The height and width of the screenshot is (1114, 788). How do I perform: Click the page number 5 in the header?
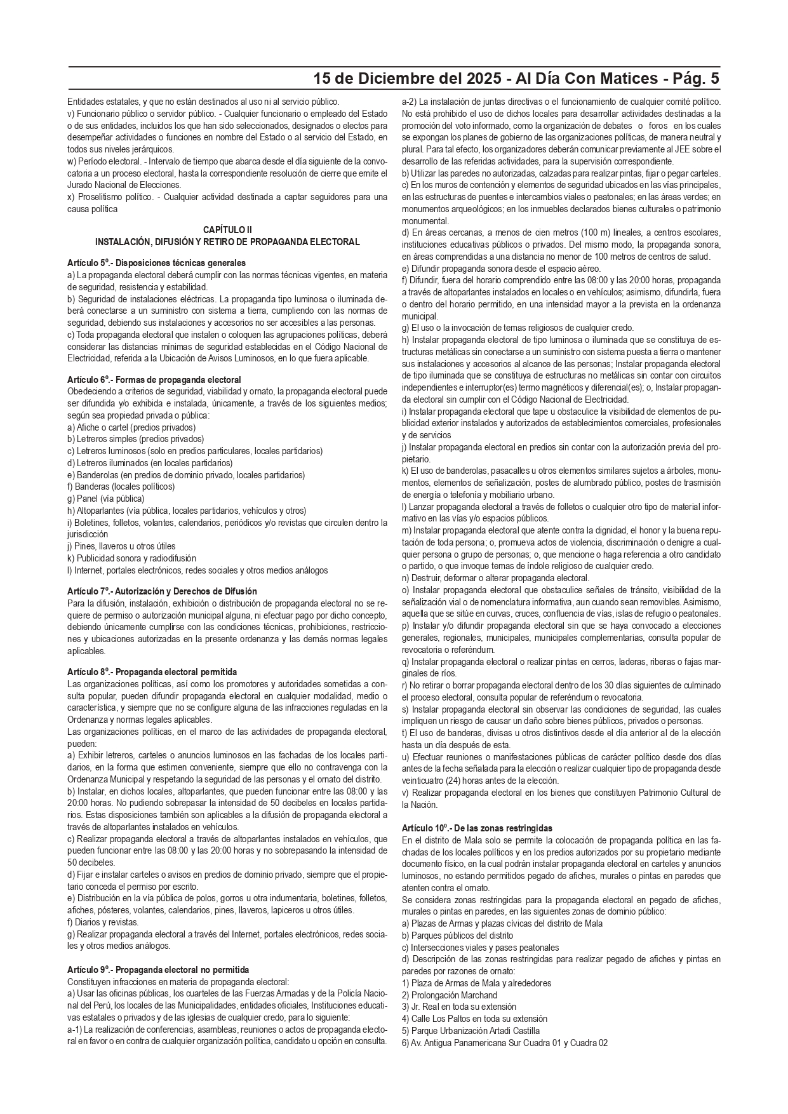[x=714, y=79]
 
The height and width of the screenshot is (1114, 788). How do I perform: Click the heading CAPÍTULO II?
[x=227, y=230]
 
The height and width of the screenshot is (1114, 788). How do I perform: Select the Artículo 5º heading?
[x=156, y=263]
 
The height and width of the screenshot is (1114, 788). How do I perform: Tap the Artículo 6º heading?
[x=154, y=380]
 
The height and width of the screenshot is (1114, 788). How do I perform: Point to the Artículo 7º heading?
[x=162, y=591]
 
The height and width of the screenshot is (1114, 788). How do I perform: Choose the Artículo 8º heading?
[x=152, y=671]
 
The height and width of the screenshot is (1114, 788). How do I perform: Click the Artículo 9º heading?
[x=158, y=970]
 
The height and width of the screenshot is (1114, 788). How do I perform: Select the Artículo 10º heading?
[x=477, y=828]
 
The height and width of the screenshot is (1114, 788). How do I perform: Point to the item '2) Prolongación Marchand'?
[x=450, y=995]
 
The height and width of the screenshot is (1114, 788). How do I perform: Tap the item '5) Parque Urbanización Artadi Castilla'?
[x=471, y=1030]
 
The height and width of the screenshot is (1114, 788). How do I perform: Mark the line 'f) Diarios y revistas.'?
[x=103, y=922]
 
